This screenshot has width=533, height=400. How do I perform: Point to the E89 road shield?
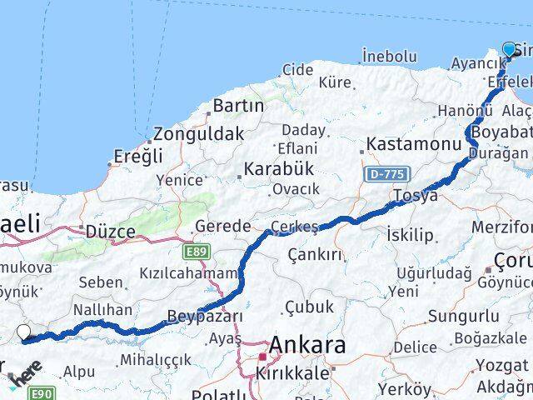(197, 250)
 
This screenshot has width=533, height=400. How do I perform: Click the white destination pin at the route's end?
(24, 333)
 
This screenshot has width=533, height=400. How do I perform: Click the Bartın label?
(238, 106)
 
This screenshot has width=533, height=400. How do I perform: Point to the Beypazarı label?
(205, 316)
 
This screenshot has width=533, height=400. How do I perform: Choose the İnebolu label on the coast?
(389, 56)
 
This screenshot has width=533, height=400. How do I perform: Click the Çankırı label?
(315, 253)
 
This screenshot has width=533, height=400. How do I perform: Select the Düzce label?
(110, 232)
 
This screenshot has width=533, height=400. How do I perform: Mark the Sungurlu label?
(463, 316)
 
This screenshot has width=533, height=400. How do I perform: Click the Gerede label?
(222, 226)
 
